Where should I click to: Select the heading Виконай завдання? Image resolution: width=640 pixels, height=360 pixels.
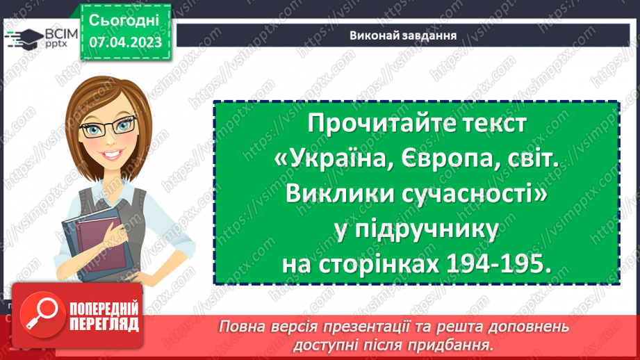click(x=403, y=35)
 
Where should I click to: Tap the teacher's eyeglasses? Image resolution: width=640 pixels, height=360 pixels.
click(x=108, y=126)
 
